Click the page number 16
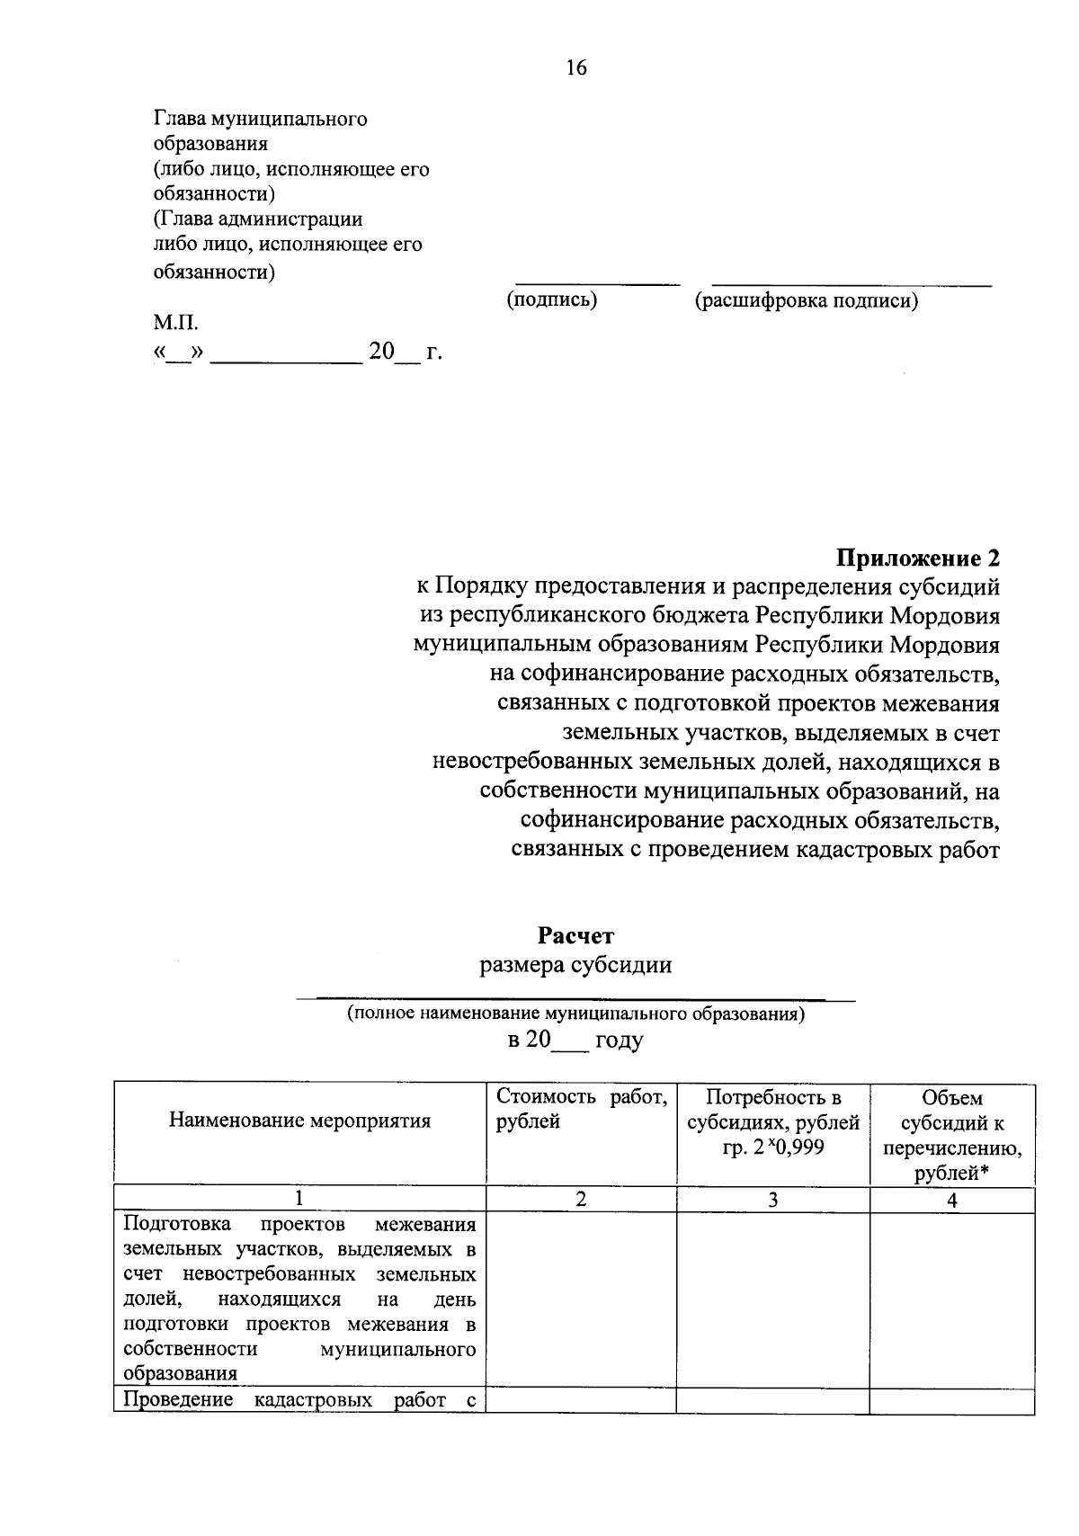click(575, 67)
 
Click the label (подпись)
click(552, 300)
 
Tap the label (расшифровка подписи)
click(806, 301)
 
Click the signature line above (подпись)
click(597, 285)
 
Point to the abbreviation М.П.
click(174, 323)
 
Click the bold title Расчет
click(575, 936)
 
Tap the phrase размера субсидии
click(575, 965)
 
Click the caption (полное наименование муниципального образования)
click(575, 1014)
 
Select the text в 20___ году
click(575, 1040)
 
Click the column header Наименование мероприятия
click(299, 1121)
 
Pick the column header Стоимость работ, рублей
click(581, 1109)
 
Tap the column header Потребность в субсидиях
click(773, 1110)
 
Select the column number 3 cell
click(772, 1200)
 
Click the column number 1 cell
click(299, 1200)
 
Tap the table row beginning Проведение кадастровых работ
click(299, 1400)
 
